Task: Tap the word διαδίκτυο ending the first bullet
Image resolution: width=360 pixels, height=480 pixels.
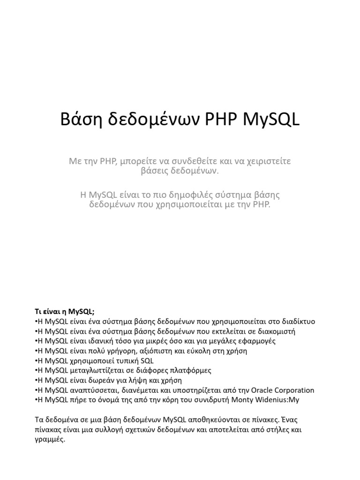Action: [295, 322]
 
